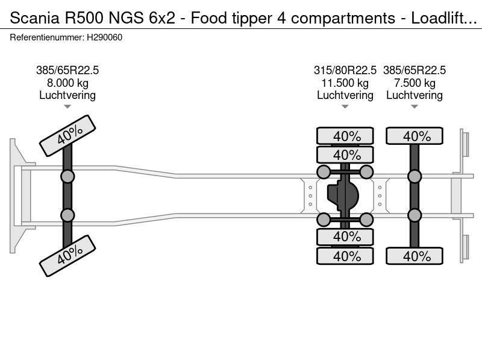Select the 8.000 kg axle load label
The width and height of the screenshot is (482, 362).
pyautogui.click(x=67, y=83)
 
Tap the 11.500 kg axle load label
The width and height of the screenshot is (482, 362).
pyautogui.click(x=345, y=83)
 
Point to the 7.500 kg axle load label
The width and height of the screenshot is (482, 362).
pyautogui.click(x=415, y=83)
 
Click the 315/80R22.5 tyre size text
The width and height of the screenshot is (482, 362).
pyautogui.click(x=345, y=71)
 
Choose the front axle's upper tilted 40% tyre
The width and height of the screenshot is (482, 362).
pyautogui.click(x=67, y=136)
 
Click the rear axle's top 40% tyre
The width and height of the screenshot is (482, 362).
pyautogui.click(x=415, y=136)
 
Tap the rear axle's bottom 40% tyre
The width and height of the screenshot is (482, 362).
pyautogui.click(x=415, y=256)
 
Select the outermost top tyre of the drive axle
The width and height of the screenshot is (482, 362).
pyautogui.click(x=345, y=136)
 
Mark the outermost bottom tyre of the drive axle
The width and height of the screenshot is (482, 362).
pyautogui.click(x=345, y=256)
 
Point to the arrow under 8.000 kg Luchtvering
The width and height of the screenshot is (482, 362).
pyautogui.click(x=67, y=107)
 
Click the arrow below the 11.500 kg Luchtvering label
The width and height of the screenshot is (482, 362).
pyautogui.click(x=345, y=107)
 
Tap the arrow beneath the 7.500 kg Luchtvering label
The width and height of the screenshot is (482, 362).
pyautogui.click(x=415, y=107)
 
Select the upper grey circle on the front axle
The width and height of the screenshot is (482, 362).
pyautogui.click(x=67, y=176)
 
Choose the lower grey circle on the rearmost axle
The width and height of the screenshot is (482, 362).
pyautogui.click(x=415, y=215)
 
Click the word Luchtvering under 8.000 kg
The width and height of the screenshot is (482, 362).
pyautogui.click(x=67, y=95)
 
